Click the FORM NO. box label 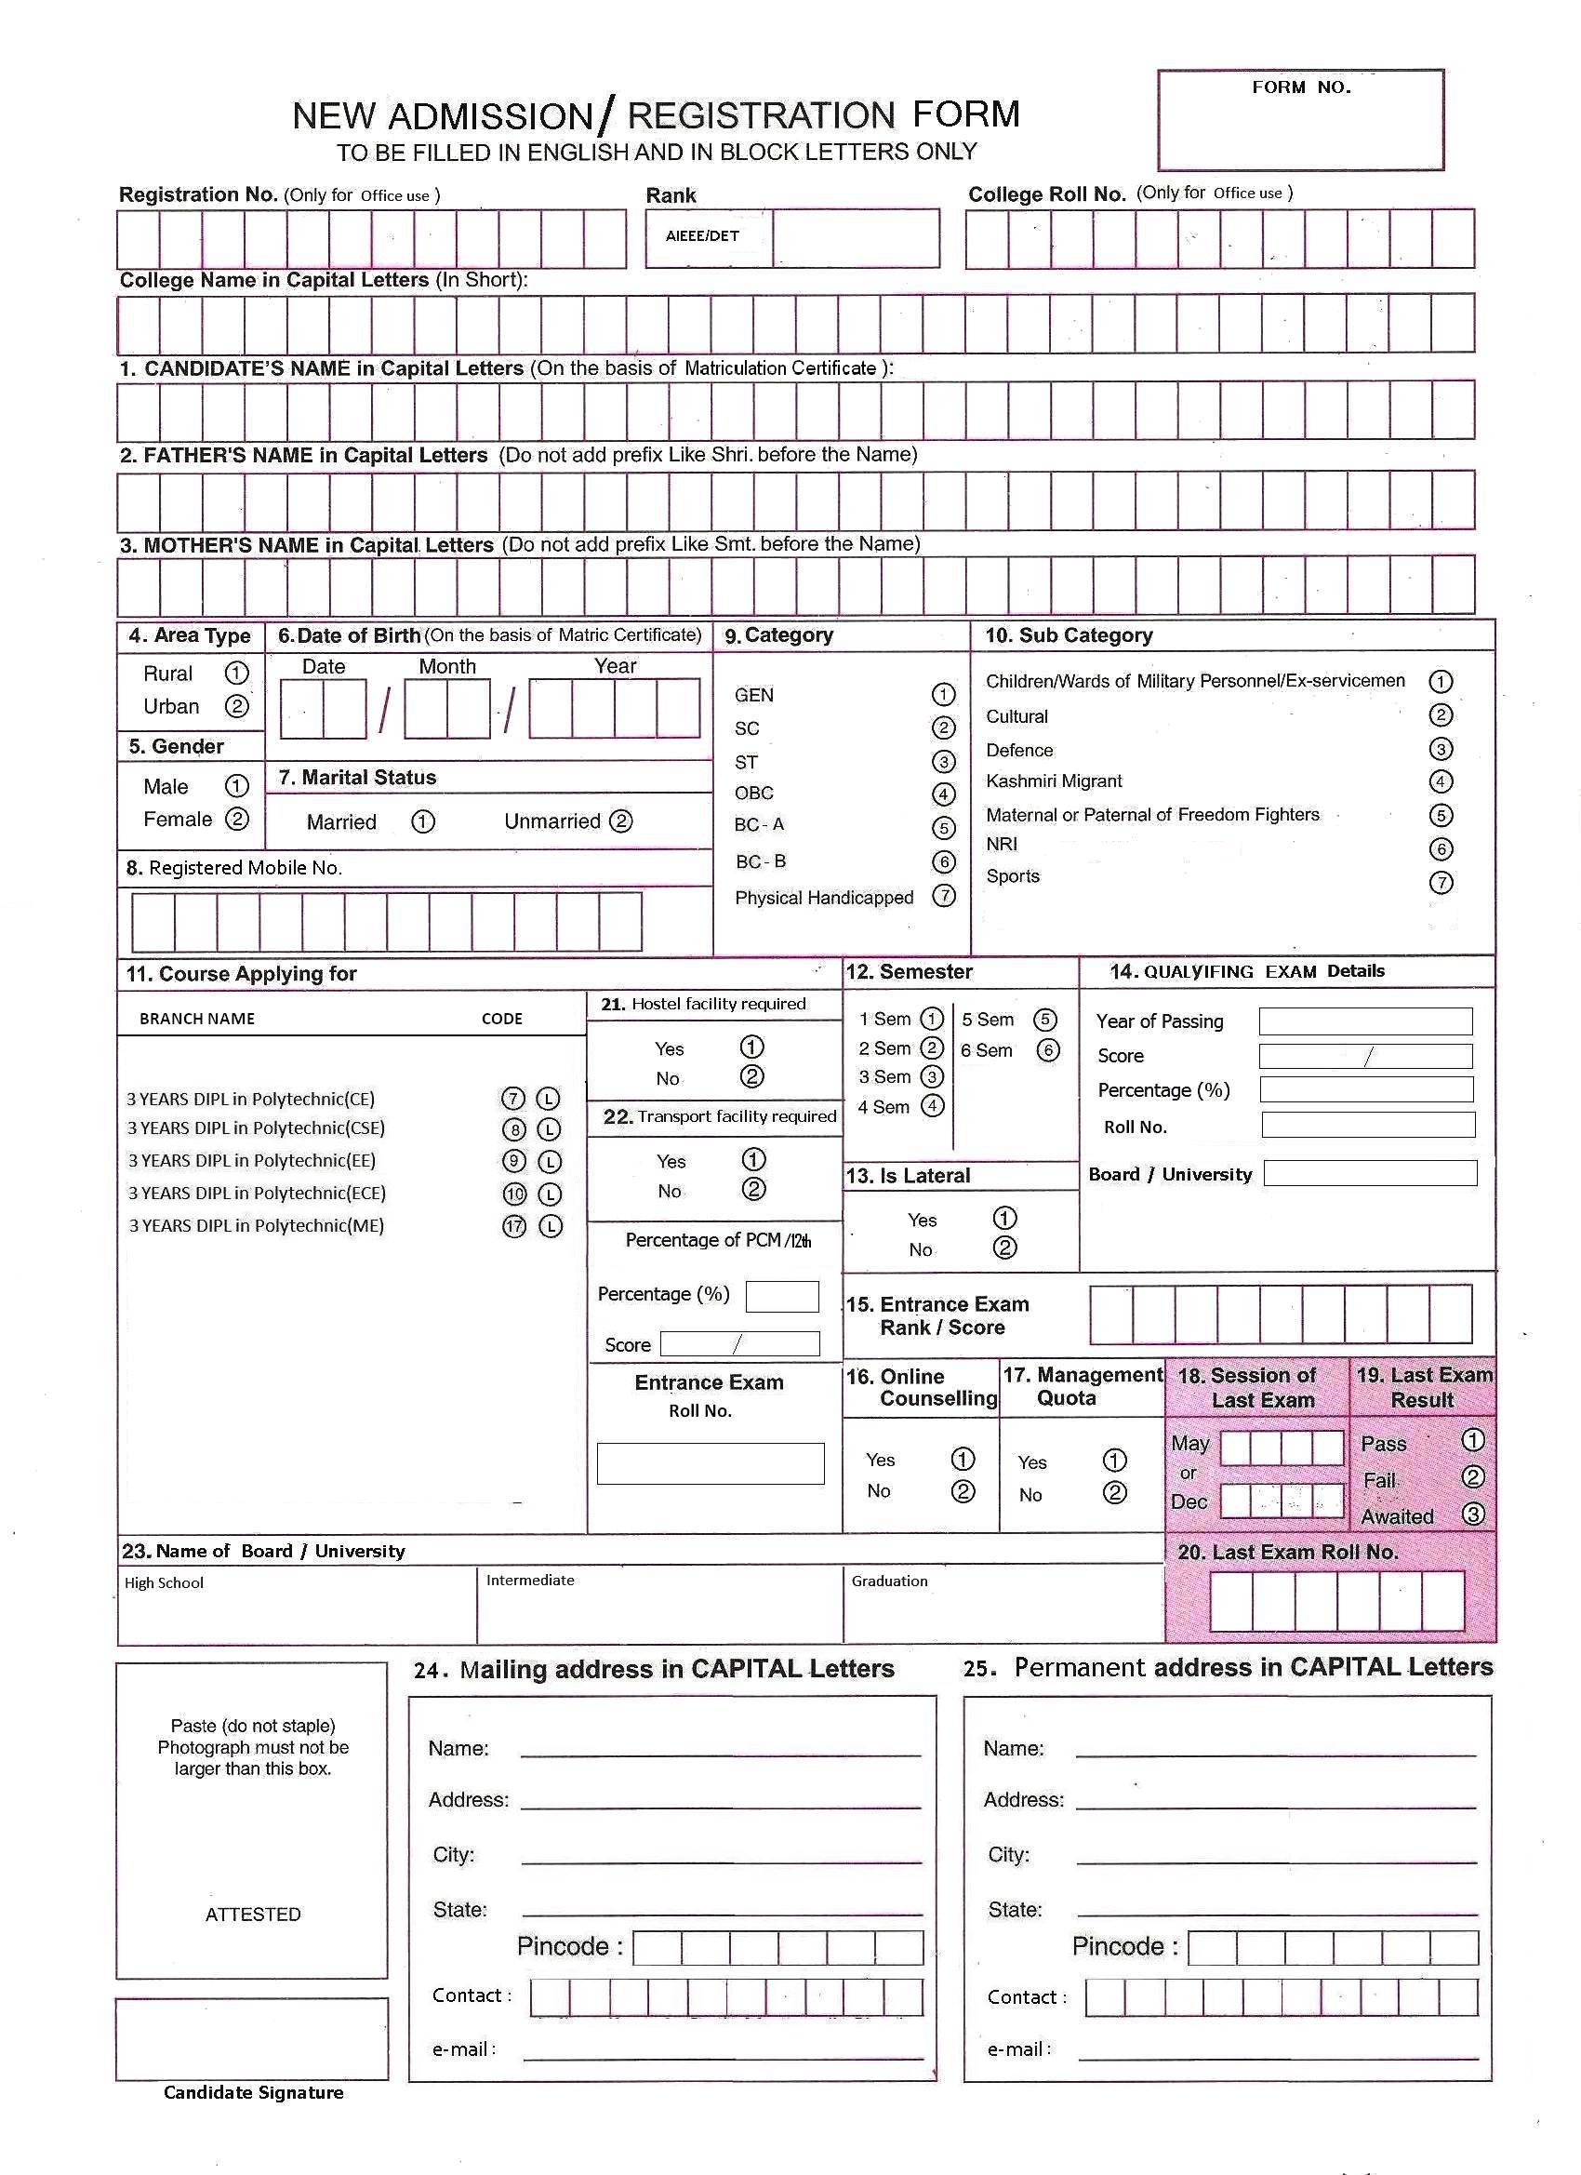pos(1301,87)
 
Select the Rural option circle pos(236,674)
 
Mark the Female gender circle pos(236,819)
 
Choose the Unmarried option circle pos(621,821)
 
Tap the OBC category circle pos(943,794)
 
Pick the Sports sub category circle pos(1440,882)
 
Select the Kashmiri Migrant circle pos(1440,781)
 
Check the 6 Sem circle pos(1048,1050)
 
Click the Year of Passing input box pos(1365,1021)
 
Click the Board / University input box pos(1370,1173)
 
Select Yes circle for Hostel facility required pos(751,1047)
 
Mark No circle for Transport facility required pos(753,1189)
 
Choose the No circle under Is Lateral pos(1003,1248)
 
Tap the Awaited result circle pos(1473,1514)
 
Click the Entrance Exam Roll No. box pos(711,1463)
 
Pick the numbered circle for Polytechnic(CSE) pos(515,1129)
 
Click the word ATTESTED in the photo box pos(253,1915)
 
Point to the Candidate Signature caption pos(253,2092)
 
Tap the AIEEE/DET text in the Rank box pos(703,236)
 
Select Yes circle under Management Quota pos(1114,1461)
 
